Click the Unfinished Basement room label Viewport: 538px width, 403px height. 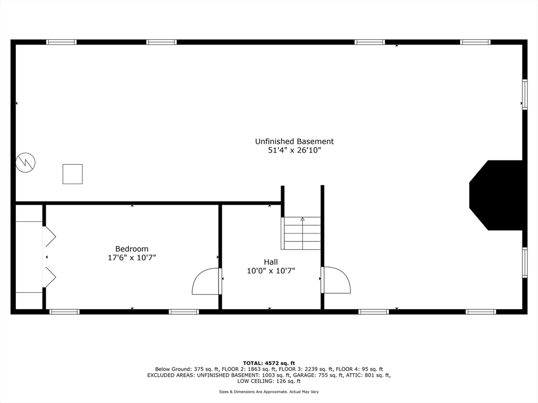294,141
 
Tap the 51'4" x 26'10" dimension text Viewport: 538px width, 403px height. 294,151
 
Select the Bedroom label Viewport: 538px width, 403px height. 132,249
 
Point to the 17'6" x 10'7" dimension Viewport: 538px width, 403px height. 132,258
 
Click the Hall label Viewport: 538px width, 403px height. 271,262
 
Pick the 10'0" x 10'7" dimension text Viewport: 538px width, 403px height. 271,271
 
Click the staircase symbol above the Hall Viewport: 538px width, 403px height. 302,234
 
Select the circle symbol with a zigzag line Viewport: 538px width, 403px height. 26,162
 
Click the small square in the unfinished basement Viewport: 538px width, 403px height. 73,174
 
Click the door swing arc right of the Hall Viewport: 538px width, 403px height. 337,280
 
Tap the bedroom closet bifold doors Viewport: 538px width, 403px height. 49,257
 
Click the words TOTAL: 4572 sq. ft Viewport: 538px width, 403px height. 269,363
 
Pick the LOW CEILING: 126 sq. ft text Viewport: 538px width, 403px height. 269,381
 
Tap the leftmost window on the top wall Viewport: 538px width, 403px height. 61,42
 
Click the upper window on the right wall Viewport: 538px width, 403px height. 524,94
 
